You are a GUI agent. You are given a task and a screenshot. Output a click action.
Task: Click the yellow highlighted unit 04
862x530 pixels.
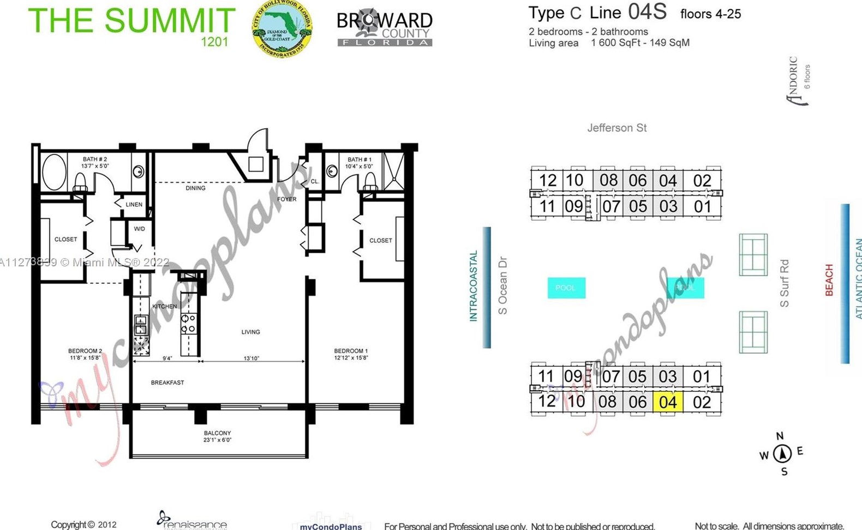tap(668, 402)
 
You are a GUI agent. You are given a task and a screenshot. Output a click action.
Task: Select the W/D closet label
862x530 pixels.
tap(139, 229)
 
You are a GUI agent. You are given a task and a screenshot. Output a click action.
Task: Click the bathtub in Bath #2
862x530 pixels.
tap(54, 172)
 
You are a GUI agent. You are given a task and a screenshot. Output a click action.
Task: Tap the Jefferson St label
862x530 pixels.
tap(616, 128)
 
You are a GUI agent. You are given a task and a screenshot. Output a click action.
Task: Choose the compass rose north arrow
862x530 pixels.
tap(782, 453)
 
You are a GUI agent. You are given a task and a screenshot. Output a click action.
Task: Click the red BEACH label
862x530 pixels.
tap(829, 280)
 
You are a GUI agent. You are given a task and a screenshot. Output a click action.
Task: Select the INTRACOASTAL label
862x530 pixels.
tap(473, 286)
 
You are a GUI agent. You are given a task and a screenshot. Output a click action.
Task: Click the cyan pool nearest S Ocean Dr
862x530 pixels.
tap(566, 288)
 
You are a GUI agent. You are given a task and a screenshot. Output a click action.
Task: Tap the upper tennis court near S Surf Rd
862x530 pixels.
tap(753, 255)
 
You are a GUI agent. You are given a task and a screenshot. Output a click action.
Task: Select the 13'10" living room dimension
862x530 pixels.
tap(251, 359)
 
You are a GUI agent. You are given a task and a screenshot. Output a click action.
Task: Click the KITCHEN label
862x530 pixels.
tap(164, 306)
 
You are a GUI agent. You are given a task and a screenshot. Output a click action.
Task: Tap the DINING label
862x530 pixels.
tap(195, 188)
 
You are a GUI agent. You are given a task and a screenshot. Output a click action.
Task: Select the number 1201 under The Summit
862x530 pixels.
tap(214, 41)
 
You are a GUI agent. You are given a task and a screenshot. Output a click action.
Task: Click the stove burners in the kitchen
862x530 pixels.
tap(188, 323)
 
